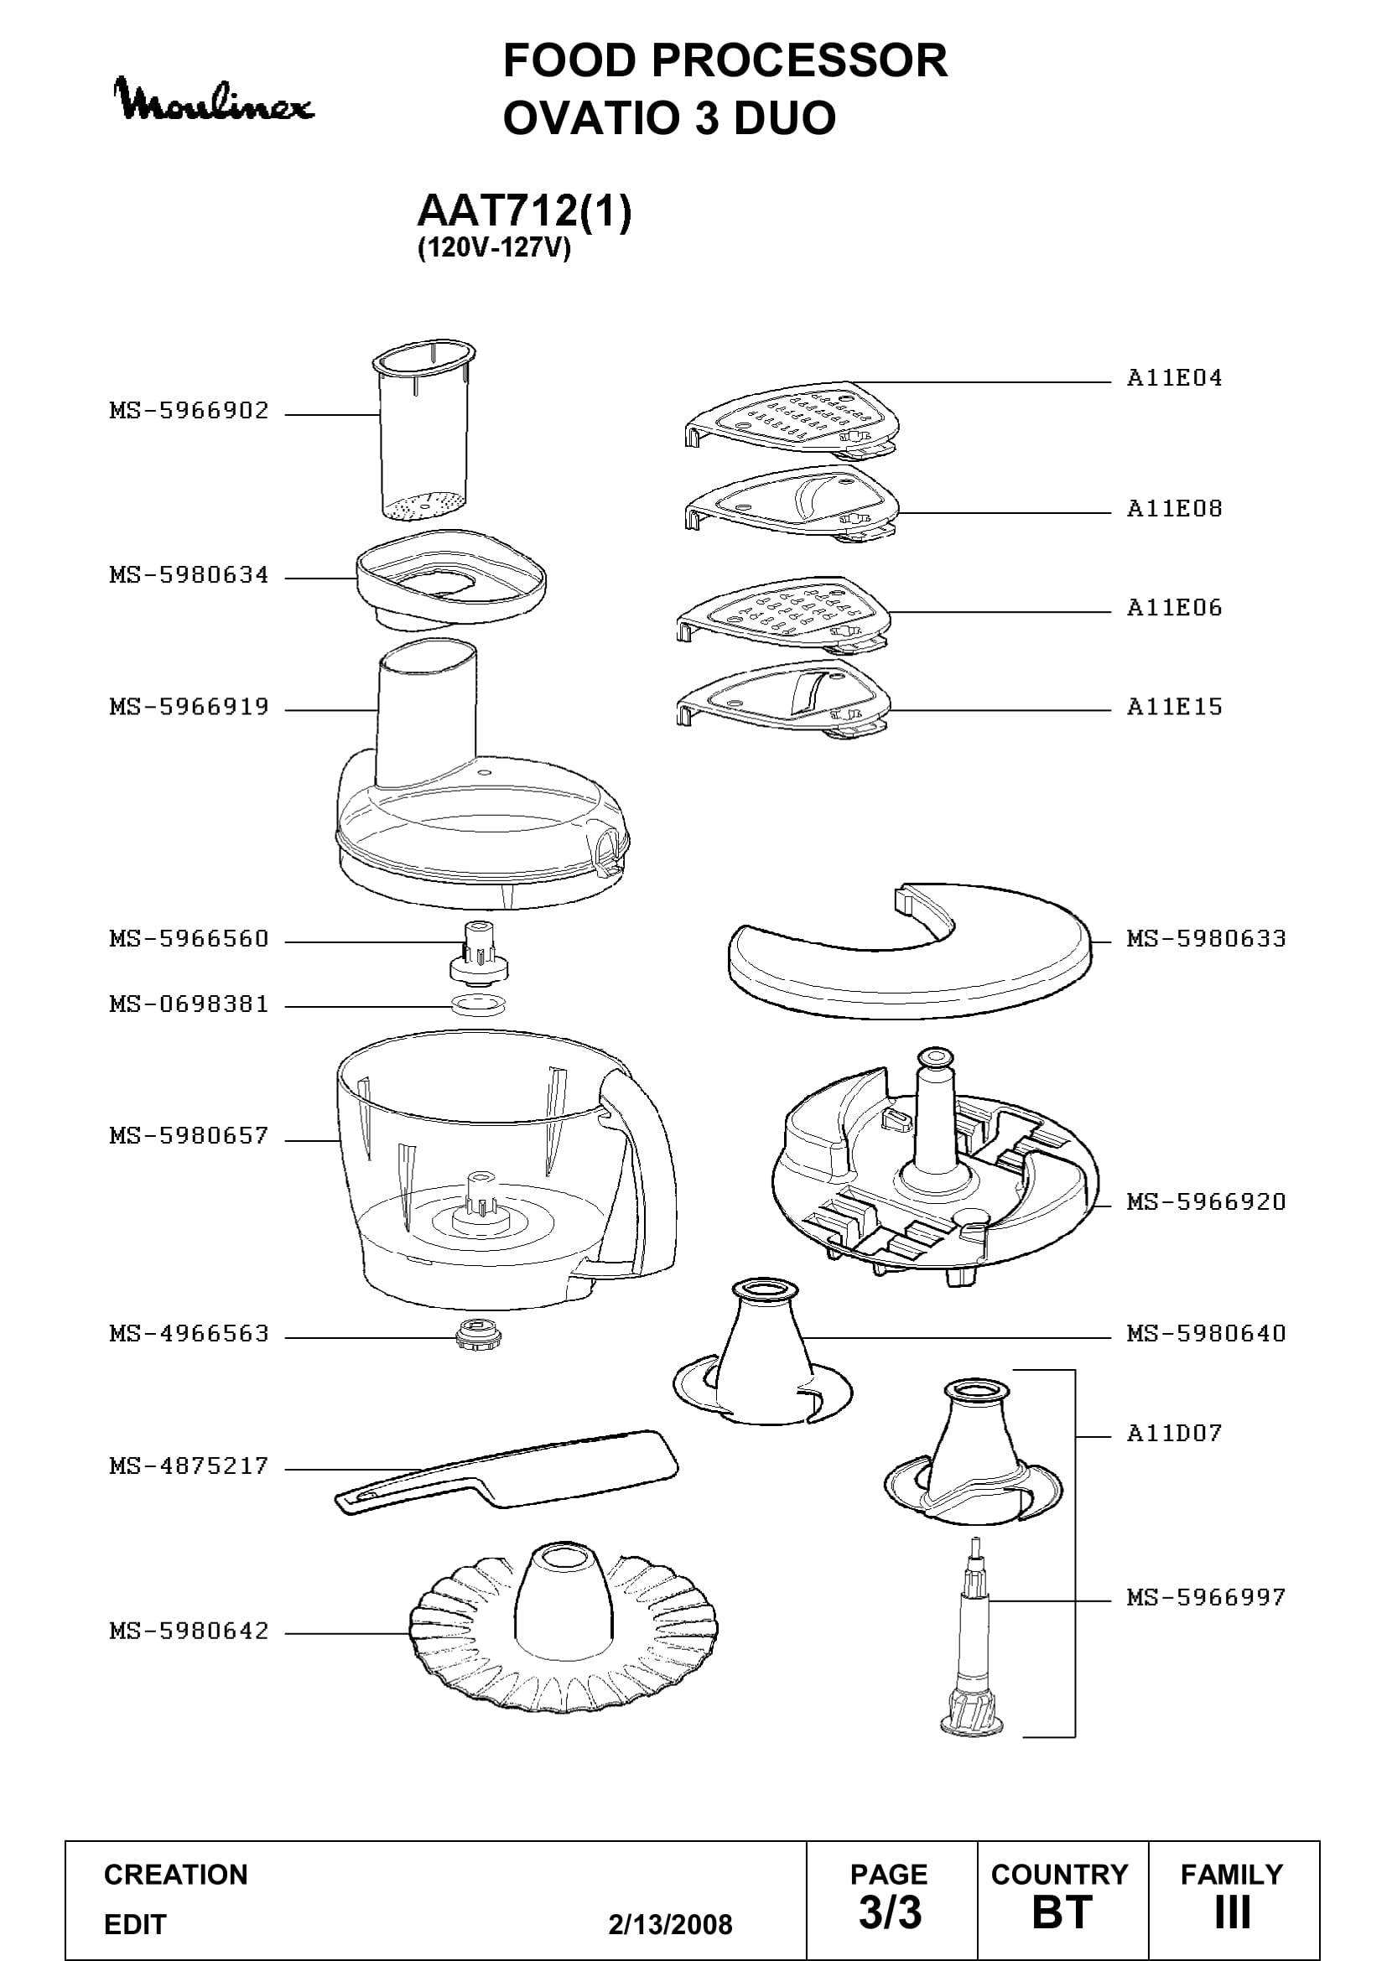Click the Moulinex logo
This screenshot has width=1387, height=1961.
[x=215, y=100]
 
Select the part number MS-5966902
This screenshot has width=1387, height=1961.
[x=189, y=411]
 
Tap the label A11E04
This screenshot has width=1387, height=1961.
[x=1174, y=377]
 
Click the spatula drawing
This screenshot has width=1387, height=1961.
[x=506, y=1471]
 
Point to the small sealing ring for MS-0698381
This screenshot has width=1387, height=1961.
[x=478, y=1004]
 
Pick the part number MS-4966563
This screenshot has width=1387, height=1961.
[x=189, y=1333]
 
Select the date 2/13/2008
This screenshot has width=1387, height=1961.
[x=671, y=1924]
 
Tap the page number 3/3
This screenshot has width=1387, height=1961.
[x=890, y=1912]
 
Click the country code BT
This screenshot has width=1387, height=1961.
[x=1062, y=1912]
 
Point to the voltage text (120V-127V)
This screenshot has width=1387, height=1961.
[x=494, y=248]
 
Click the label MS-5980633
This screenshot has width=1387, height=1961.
[x=1206, y=939]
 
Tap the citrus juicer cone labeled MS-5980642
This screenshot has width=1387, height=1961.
[x=564, y=1628]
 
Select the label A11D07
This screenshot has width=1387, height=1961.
[x=1174, y=1432]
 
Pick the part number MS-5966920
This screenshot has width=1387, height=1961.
[x=1206, y=1201]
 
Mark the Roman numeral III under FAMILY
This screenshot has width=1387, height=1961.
[x=1233, y=1912]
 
